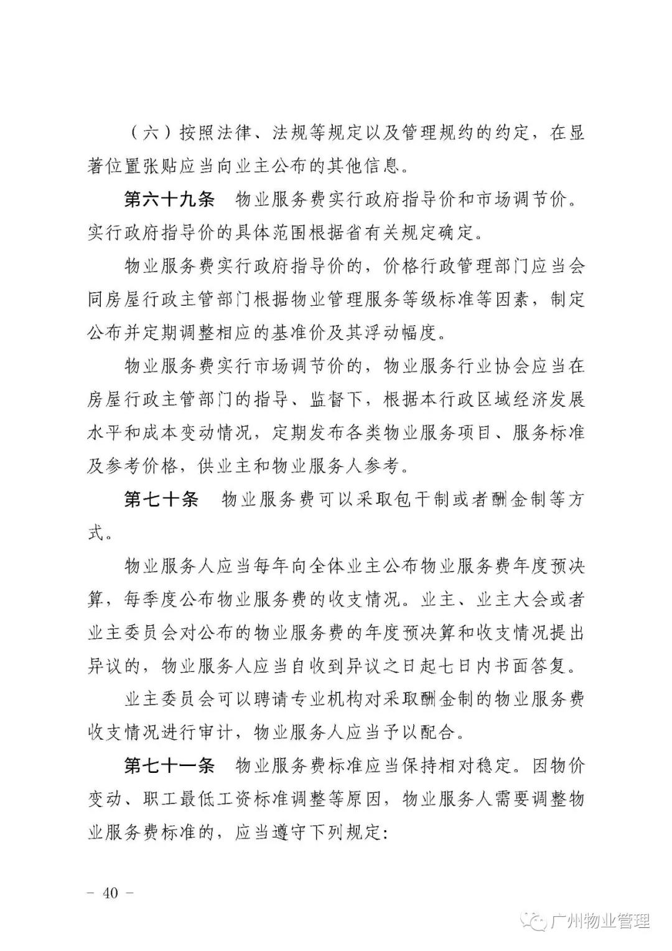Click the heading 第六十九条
[x=169, y=200]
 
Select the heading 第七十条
[x=161, y=499]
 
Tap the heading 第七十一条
[x=169, y=765]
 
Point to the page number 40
[x=111, y=892]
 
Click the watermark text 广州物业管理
[x=600, y=921]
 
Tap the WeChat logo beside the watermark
[x=536, y=921]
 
